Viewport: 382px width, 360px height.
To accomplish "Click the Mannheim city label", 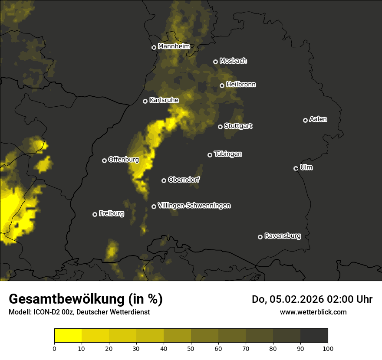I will pyautogui.click(x=174, y=46).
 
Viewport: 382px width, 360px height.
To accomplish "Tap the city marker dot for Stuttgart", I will pyautogui.click(x=220, y=127).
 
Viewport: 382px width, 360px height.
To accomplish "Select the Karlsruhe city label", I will pyautogui.click(x=164, y=100).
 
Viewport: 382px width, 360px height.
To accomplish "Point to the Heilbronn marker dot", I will pyautogui.click(x=222, y=85).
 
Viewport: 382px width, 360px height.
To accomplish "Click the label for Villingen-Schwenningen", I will pyautogui.click(x=194, y=206).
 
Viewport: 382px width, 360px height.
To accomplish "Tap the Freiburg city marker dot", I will pyautogui.click(x=95, y=214).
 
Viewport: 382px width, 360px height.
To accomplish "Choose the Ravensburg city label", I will pyautogui.click(x=283, y=236).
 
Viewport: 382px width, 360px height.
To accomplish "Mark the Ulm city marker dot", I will pyautogui.click(x=296, y=168).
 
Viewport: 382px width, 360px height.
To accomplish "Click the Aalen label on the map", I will pyautogui.click(x=318, y=119).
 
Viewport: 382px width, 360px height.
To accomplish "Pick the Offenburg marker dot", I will pyautogui.click(x=104, y=160).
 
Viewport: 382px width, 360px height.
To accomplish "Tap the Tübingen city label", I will pyautogui.click(x=228, y=154).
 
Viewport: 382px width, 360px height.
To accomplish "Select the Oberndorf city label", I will pyautogui.click(x=184, y=180).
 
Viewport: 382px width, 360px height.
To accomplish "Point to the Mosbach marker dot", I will pyautogui.click(x=215, y=62).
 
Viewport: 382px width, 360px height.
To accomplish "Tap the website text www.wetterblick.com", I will pyautogui.click(x=313, y=312).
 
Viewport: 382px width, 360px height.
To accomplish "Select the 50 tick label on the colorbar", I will pyautogui.click(x=191, y=348).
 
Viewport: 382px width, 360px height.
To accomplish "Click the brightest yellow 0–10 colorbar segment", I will pyautogui.click(x=68, y=335).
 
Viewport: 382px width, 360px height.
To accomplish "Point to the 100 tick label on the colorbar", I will pyautogui.click(x=328, y=348).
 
